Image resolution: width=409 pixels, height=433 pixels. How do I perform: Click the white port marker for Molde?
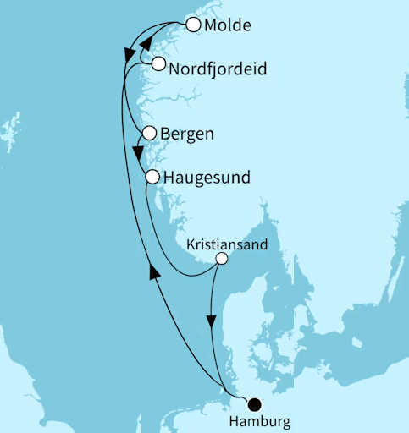(x=193, y=25)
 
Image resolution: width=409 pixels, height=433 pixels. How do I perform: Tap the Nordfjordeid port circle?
(x=158, y=63)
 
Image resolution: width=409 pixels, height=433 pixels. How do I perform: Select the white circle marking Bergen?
(x=149, y=133)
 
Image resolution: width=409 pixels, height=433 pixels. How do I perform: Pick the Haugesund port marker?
(x=152, y=177)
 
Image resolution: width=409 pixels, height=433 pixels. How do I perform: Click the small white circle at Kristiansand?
(x=221, y=259)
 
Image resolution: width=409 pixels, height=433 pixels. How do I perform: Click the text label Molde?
(x=228, y=26)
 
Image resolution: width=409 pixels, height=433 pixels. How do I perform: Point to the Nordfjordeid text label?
(x=218, y=69)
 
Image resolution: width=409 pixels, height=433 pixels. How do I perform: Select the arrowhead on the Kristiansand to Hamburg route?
(x=212, y=322)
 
